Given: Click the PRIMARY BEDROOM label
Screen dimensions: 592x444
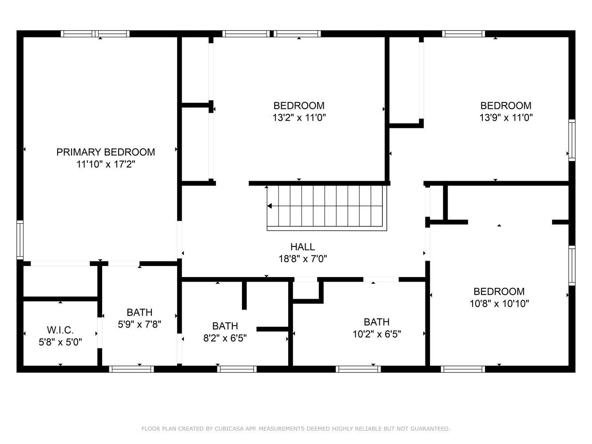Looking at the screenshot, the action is [x=105, y=152].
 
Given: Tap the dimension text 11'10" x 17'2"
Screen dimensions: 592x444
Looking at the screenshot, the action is [x=106, y=164].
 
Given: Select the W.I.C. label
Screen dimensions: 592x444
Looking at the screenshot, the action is [x=60, y=330].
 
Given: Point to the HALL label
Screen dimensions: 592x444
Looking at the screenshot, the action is [x=302, y=247].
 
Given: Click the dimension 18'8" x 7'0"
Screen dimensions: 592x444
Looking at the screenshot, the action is [x=302, y=259].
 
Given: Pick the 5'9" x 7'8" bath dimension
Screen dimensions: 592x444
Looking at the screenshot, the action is [x=139, y=324].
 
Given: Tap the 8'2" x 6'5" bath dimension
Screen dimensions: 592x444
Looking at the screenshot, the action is [x=225, y=338].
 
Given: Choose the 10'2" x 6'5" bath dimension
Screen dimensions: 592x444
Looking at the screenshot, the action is [x=377, y=334].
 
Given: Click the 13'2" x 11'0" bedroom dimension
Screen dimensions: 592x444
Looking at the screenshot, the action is [x=299, y=118].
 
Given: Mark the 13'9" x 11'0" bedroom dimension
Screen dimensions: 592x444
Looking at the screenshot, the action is [x=506, y=118].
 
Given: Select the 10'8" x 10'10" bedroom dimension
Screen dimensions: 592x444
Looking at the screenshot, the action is [x=499, y=304].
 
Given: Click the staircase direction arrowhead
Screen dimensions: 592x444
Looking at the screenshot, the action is [x=270, y=206].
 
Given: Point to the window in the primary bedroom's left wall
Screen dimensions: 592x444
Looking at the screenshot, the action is [x=20, y=240].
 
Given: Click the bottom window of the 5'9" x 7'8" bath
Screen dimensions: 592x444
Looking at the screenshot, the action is [x=131, y=369].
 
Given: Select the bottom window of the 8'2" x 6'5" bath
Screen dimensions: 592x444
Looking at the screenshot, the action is [x=237, y=369].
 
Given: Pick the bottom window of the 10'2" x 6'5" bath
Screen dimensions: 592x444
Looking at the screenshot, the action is [x=358, y=369].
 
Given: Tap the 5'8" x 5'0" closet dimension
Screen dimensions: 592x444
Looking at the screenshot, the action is [x=60, y=342].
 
